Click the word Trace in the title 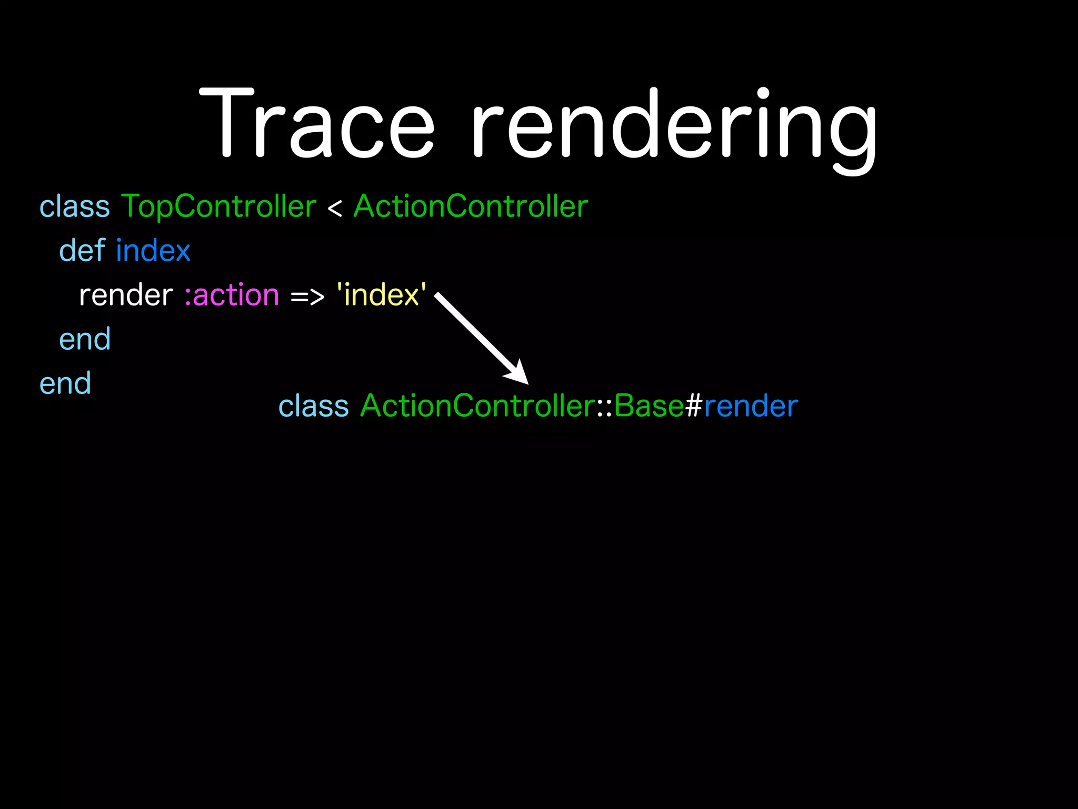pyautogui.click(x=317, y=124)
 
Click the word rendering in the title pyautogui.click(x=674, y=126)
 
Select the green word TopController pyautogui.click(x=218, y=206)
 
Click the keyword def pyautogui.click(x=82, y=250)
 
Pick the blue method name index pyautogui.click(x=153, y=251)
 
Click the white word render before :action pyautogui.click(x=126, y=295)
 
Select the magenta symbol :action pyautogui.click(x=232, y=295)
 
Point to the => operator pyautogui.click(x=307, y=297)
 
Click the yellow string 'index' pyautogui.click(x=381, y=295)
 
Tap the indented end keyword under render pyautogui.click(x=85, y=339)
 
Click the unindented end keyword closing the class pyautogui.click(x=65, y=383)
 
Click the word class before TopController pyautogui.click(x=75, y=206)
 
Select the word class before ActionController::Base pyautogui.click(x=313, y=407)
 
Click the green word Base pyautogui.click(x=649, y=406)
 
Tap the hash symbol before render pyautogui.click(x=694, y=406)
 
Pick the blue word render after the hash pyautogui.click(x=751, y=407)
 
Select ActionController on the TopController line pyautogui.click(x=471, y=206)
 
